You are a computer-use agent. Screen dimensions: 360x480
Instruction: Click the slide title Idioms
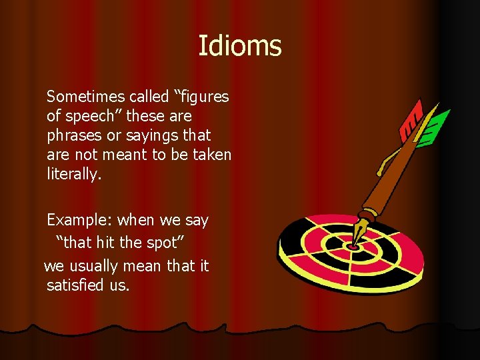[x=240, y=47]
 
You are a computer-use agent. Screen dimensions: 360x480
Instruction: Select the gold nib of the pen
[x=361, y=233]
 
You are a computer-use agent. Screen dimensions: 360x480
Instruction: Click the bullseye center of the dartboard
[x=353, y=246]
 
